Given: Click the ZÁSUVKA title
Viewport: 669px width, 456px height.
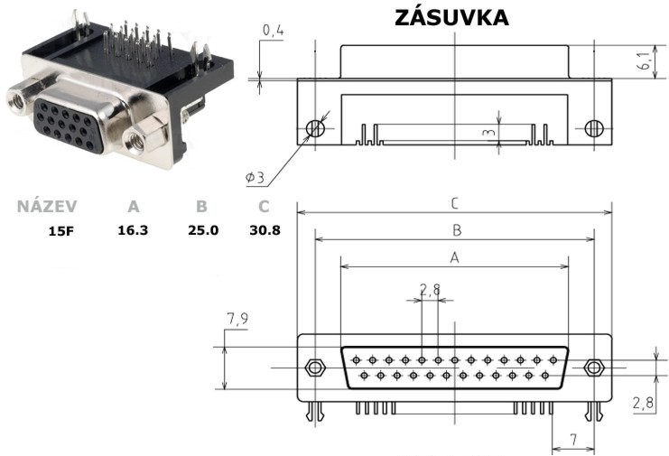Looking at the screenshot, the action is click(451, 16).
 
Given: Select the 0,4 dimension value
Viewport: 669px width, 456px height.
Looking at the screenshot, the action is click(273, 31).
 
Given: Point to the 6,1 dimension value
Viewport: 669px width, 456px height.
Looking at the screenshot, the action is click(645, 60).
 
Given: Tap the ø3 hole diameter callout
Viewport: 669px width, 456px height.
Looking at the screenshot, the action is click(255, 177).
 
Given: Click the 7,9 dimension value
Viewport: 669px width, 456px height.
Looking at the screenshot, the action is click(237, 319).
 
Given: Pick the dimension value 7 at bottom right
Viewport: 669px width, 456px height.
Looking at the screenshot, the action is click(574, 440).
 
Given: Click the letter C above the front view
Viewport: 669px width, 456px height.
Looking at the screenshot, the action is click(455, 203).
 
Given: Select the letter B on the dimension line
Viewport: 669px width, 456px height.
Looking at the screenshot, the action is click(457, 230).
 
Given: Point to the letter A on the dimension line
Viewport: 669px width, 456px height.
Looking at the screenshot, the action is click(455, 257).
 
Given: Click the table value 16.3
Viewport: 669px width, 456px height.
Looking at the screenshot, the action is click(133, 230).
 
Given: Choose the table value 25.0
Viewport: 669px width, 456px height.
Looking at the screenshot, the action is click(203, 230).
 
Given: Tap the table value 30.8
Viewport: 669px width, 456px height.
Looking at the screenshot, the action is click(265, 230).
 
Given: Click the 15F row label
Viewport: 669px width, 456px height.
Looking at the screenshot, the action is click(61, 232).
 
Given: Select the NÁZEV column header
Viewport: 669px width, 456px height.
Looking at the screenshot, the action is click(47, 206).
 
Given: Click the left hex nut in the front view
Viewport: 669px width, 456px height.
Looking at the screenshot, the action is click(315, 368).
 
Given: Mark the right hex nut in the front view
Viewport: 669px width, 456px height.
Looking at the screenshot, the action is click(593, 368).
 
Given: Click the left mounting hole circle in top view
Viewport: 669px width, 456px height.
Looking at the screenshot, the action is click(315, 128).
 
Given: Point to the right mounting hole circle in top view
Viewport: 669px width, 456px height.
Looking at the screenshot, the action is click(594, 128).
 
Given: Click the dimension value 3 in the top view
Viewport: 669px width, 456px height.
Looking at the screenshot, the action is click(489, 132).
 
